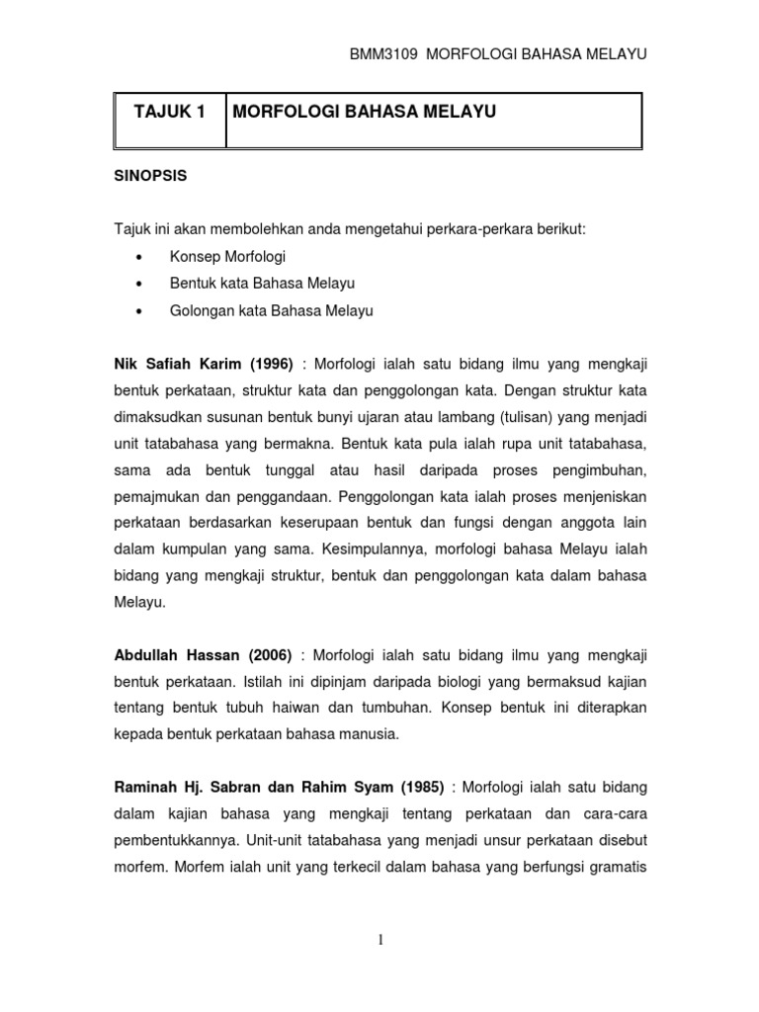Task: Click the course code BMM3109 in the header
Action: point(367,54)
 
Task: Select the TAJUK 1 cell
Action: point(170,114)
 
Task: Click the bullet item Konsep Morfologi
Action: point(227,257)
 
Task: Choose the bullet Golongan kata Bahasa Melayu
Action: point(272,310)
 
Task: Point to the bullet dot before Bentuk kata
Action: point(139,285)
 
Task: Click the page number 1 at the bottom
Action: point(379,939)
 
